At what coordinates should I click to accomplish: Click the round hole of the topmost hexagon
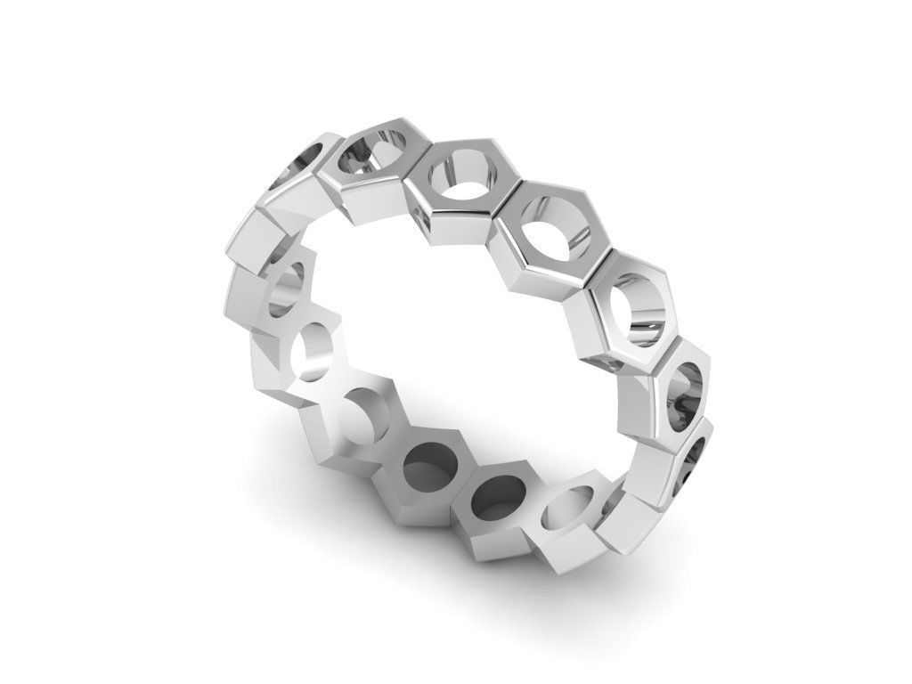click(372, 153)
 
